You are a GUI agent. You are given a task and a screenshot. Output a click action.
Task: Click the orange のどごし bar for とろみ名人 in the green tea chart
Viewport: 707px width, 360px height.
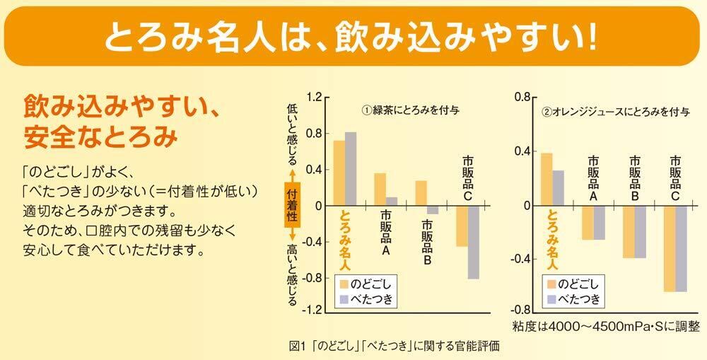click(339, 173)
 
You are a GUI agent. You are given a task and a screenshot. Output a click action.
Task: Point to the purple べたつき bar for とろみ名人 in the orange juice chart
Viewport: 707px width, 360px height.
click(558, 188)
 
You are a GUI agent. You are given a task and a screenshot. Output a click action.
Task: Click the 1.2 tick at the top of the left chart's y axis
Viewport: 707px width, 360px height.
click(314, 97)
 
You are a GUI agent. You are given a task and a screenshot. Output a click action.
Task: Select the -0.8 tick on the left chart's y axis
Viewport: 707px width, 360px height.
click(311, 277)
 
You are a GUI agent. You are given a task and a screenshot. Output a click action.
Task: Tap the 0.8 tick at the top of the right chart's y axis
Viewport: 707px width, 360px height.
click(522, 97)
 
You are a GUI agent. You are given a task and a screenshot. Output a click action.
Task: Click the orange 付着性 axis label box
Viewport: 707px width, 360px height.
click(291, 205)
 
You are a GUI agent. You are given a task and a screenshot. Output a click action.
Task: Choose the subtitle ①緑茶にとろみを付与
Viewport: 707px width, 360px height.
click(410, 110)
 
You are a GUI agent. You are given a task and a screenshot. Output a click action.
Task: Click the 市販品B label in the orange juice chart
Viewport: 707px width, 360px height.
click(634, 178)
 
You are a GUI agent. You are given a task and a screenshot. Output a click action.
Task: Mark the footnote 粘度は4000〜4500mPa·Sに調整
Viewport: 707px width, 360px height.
click(606, 326)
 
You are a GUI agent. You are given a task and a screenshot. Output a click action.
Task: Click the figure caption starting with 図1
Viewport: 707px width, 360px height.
click(394, 348)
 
